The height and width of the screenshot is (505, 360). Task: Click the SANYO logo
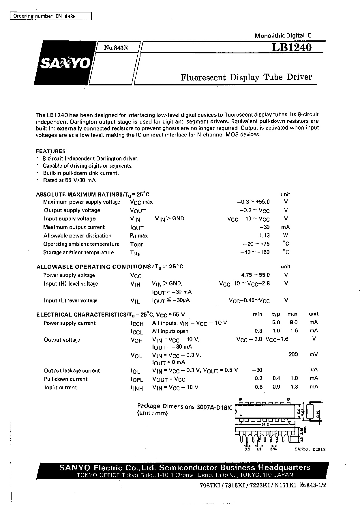pyautogui.click(x=65, y=63)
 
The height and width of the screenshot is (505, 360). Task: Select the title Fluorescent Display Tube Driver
pyautogui.click(x=246, y=77)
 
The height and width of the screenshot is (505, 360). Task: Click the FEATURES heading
pyautogui.click(x=50, y=151)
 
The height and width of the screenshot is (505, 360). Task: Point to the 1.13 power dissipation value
pyautogui.click(x=265, y=235)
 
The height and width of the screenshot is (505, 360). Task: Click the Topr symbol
pyautogui.click(x=136, y=244)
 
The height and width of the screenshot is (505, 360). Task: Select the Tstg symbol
pyautogui.click(x=135, y=253)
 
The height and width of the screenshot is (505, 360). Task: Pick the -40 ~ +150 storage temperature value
pyautogui.click(x=255, y=252)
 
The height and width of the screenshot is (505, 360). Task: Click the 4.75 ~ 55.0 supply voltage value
pyautogui.click(x=256, y=275)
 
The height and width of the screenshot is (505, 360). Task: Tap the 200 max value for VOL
pyautogui.click(x=293, y=354)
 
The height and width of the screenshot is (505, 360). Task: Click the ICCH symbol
pyautogui.click(x=137, y=324)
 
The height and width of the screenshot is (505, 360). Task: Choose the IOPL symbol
pyautogui.click(x=137, y=379)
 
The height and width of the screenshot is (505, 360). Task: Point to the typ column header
pyautogui.click(x=276, y=314)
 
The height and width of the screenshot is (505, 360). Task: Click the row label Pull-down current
pyautogui.click(x=65, y=379)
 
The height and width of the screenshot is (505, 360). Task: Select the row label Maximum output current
pyautogui.click(x=74, y=227)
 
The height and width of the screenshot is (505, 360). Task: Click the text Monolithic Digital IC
pyautogui.click(x=283, y=36)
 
